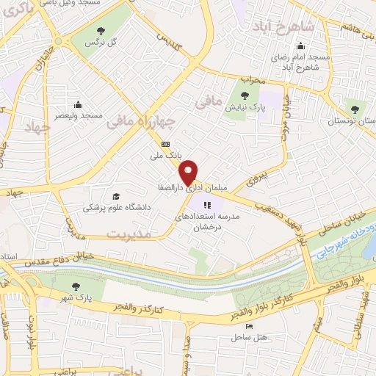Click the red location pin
tap(190, 172)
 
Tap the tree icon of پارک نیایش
tap(246, 95)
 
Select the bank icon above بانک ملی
tap(166, 145)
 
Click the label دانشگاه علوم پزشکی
tap(117, 208)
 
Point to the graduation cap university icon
tap(115, 196)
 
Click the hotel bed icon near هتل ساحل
tap(250, 325)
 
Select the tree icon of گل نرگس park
tap(101, 30)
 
